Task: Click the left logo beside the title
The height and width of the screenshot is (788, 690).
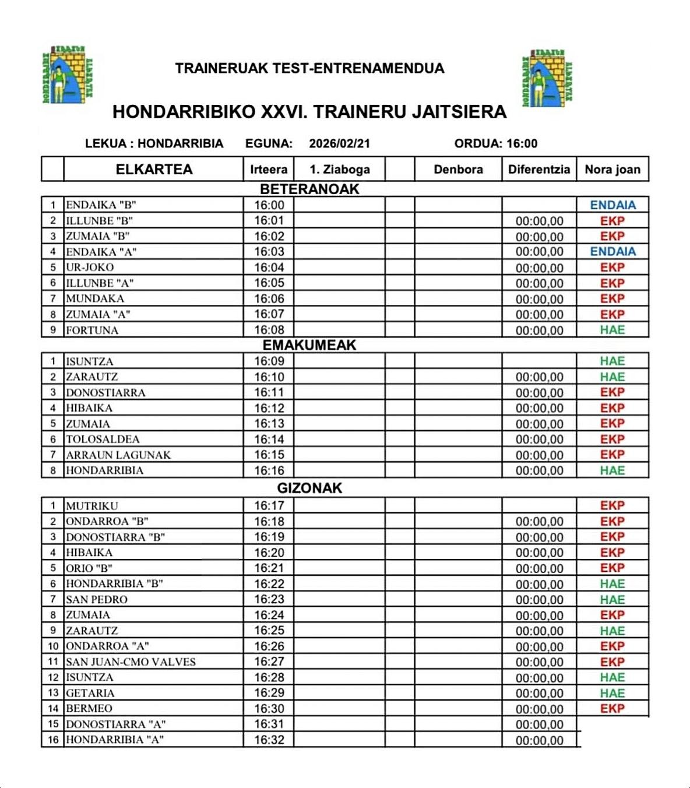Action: pyautogui.click(x=68, y=75)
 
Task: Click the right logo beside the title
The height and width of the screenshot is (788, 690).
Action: pyautogui.click(x=547, y=78)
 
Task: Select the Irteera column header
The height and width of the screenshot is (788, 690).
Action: pyautogui.click(x=269, y=170)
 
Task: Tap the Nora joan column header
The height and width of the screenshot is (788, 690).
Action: pyautogui.click(x=612, y=170)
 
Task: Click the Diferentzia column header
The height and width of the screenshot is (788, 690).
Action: pyautogui.click(x=539, y=170)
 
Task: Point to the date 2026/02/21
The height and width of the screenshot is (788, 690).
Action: pyautogui.click(x=339, y=144)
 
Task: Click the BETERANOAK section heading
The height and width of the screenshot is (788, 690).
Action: pyautogui.click(x=309, y=189)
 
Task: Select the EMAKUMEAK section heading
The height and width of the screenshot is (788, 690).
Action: pyautogui.click(x=309, y=345)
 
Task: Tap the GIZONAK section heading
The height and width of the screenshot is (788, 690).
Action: pyautogui.click(x=309, y=488)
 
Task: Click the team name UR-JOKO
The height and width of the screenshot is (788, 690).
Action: pyautogui.click(x=90, y=268)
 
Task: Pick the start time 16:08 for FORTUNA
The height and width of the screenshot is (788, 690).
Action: pyautogui.click(x=269, y=330)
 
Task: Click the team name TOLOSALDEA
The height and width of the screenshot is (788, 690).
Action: pyautogui.click(x=103, y=439)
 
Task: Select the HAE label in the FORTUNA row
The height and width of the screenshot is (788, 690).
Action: pyautogui.click(x=612, y=330)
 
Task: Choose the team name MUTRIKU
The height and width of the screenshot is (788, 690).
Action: pyautogui.click(x=91, y=506)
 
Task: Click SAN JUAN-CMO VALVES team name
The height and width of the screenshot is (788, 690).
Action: pyautogui.click(x=131, y=662)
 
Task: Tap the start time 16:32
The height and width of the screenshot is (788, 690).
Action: pyautogui.click(x=269, y=740)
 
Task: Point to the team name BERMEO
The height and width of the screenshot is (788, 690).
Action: pyautogui.click(x=89, y=709)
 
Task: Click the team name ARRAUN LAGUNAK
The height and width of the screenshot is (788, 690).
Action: pyautogui.click(x=118, y=455)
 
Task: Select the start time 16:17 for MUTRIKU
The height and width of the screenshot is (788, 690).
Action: pyautogui.click(x=269, y=506)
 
